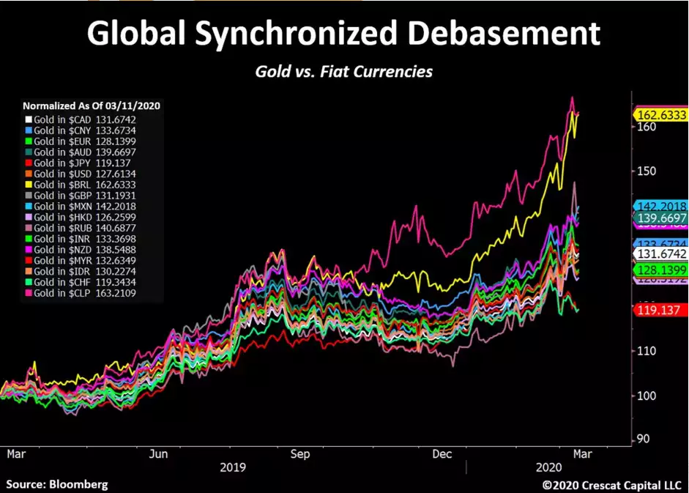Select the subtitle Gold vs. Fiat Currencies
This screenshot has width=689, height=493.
[343, 71]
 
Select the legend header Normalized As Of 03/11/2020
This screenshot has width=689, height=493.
[92, 105]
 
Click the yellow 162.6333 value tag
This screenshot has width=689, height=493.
[660, 115]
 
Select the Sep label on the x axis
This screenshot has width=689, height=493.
[299, 454]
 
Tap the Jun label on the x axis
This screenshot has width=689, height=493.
[159, 454]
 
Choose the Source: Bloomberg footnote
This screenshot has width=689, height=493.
[57, 484]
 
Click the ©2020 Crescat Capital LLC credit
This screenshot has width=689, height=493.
[612, 485]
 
